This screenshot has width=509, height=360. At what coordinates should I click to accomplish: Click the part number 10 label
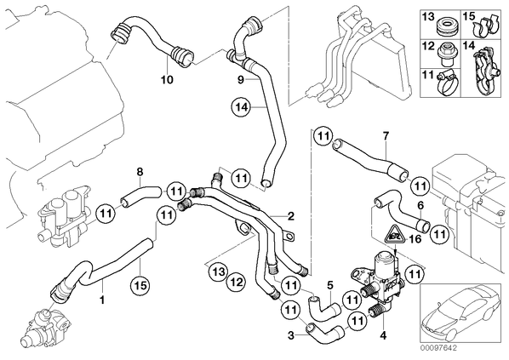click(x=167, y=79)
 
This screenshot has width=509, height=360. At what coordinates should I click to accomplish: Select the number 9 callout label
click(x=241, y=79)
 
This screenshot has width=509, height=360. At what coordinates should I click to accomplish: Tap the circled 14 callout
click(x=241, y=107)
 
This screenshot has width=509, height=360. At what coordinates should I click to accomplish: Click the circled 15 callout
click(x=140, y=285)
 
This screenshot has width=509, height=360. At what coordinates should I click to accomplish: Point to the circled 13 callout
click(x=219, y=271)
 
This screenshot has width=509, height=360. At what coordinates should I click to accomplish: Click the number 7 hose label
click(x=386, y=136)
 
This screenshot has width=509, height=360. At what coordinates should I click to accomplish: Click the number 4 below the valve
click(x=383, y=335)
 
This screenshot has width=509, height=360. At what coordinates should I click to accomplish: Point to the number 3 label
click(x=291, y=335)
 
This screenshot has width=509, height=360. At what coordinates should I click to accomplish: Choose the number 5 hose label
click(x=330, y=285)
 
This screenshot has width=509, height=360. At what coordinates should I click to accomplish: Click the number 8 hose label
click(x=140, y=172)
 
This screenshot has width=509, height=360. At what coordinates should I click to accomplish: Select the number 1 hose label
click(x=102, y=300)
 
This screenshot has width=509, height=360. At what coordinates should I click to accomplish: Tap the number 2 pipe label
click(x=290, y=215)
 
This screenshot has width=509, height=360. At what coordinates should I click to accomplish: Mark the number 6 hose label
click(x=420, y=205)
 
